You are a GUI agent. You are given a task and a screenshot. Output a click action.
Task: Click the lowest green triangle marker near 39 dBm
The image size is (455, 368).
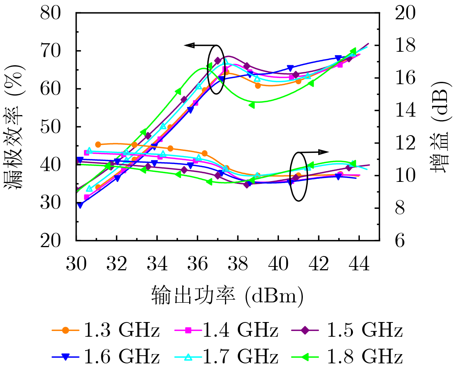tap(252, 105)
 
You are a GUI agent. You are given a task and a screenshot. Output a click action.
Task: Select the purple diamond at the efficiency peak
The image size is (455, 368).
tap(218, 61)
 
